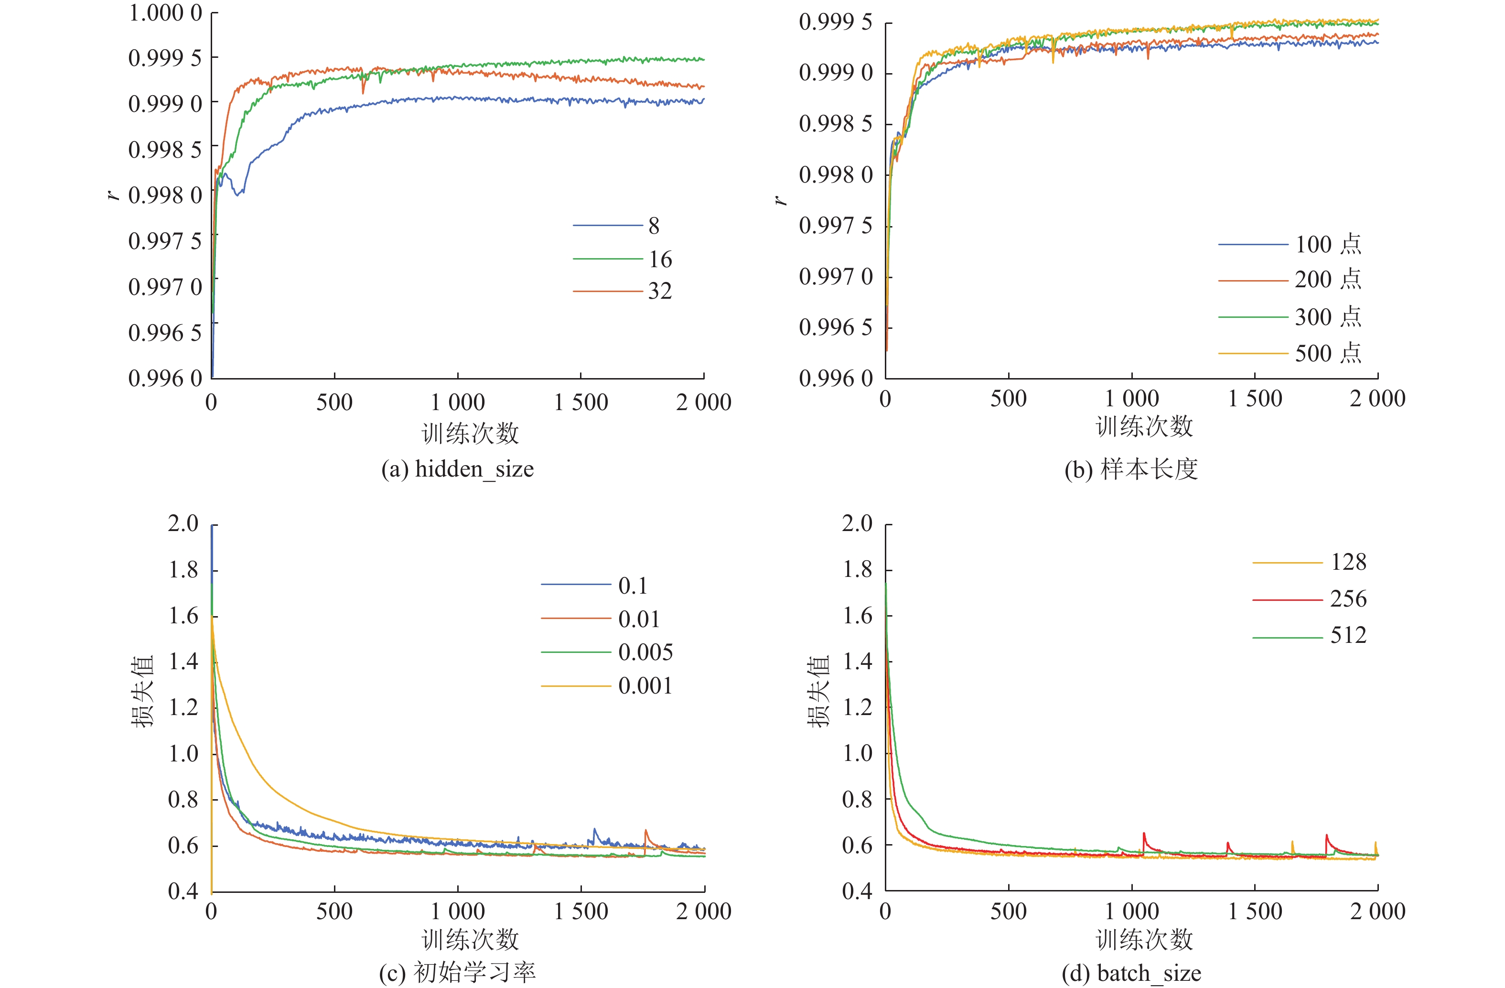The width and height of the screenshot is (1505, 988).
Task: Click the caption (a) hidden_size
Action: click(x=457, y=469)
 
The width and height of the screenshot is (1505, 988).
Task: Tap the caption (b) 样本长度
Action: click(x=1130, y=469)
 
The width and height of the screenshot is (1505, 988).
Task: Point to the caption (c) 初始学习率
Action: click(x=457, y=973)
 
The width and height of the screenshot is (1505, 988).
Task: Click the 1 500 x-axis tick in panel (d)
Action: click(x=1255, y=912)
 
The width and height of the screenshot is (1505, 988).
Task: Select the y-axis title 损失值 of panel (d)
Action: click(x=818, y=691)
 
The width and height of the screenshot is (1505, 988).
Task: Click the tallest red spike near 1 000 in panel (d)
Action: click(x=1144, y=835)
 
